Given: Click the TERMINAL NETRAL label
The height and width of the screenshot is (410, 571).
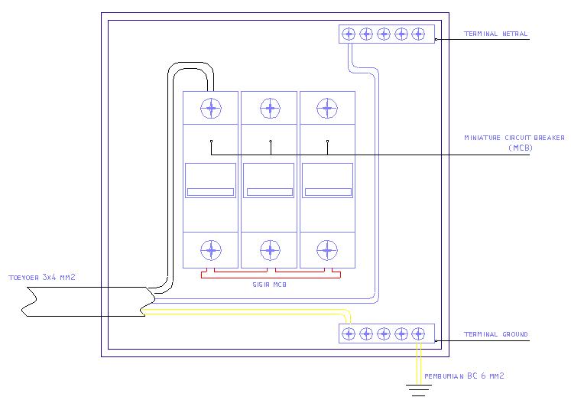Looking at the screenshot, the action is tap(495, 34).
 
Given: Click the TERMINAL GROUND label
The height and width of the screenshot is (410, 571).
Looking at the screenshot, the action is tap(495, 334).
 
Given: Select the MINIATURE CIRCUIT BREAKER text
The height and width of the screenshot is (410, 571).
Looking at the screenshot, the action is tap(514, 138).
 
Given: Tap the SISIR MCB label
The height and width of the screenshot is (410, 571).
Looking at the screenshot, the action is tap(270, 285).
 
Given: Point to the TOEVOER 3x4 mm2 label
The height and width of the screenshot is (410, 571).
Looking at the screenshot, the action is tap(42, 278).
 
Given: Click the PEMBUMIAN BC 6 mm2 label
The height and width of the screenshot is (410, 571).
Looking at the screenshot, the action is tap(464, 376).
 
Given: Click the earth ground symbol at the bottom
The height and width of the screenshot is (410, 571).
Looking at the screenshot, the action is tap(419, 390).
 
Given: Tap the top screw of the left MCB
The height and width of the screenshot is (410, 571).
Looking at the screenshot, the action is tap(211, 109).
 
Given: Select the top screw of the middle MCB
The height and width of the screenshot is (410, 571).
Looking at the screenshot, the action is tap(270, 109).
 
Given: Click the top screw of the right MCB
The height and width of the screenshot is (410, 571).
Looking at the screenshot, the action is tap(327, 109).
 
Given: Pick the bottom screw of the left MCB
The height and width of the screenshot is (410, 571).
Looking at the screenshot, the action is tap(211, 250).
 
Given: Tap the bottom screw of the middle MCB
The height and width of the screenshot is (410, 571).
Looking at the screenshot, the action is tap(270, 250).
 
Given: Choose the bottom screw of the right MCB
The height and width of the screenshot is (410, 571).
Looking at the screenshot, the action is tap(327, 250).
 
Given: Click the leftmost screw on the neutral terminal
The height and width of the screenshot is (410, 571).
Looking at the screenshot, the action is tap(349, 34).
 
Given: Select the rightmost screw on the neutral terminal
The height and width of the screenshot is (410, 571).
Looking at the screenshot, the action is tap(418, 34).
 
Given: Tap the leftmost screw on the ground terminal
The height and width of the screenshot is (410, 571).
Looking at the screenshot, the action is tap(349, 334).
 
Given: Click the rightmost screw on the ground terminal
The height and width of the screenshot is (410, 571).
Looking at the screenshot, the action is tap(418, 334).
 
